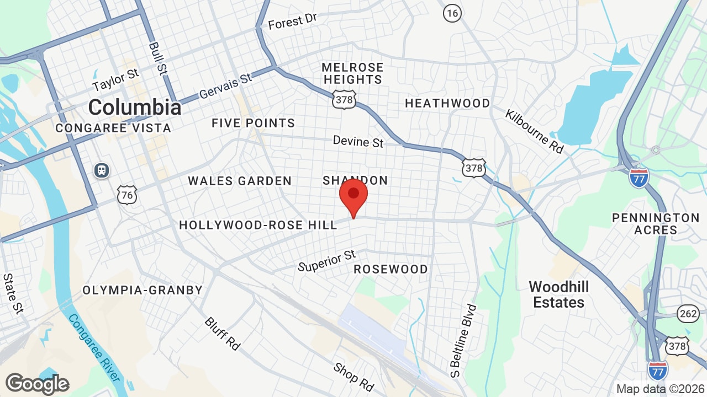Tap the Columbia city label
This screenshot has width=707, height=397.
click(134, 107)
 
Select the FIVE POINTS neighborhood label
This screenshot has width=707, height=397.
click(253, 123)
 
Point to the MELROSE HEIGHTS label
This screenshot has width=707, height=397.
click(352, 73)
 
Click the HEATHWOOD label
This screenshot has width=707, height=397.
click(447, 103)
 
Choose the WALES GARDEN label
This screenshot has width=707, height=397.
click(240, 181)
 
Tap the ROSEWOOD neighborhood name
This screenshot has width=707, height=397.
click(391, 269)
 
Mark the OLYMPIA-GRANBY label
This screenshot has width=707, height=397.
click(143, 290)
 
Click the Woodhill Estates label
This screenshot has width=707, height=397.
click(558, 294)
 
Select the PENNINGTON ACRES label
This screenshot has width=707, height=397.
click(656, 224)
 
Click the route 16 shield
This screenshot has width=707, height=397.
click(452, 13)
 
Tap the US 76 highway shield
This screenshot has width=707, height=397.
click(127, 194)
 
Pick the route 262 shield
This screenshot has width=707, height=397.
click(687, 314)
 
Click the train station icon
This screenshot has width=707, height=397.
click(102, 170)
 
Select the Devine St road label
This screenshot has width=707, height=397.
click(358, 142)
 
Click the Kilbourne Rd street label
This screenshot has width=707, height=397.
click(534, 131)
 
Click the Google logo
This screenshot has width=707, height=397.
click(37, 384)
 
